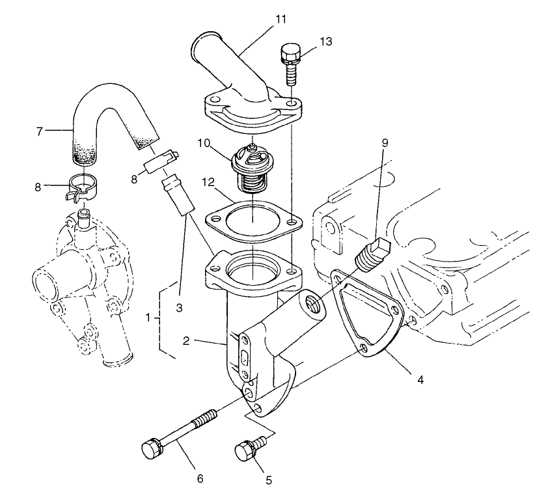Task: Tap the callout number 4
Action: click(420, 379)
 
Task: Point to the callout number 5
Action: click(267, 481)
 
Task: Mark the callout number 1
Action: click(148, 318)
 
